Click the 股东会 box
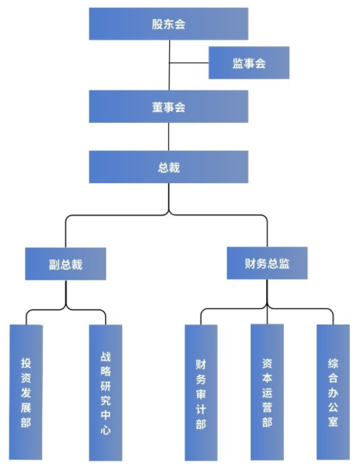(x=168, y=24)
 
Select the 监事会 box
(x=249, y=63)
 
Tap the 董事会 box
(x=168, y=107)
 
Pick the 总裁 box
(x=168, y=167)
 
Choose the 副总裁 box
(x=65, y=264)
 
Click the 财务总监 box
(x=267, y=263)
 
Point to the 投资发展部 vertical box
(x=26, y=392)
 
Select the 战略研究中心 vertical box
(x=106, y=393)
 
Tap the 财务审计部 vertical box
(x=201, y=393)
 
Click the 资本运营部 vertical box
(x=267, y=392)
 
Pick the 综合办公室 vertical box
(x=333, y=392)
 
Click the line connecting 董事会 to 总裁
(x=168, y=136)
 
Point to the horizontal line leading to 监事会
(x=189, y=63)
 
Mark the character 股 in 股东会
(x=157, y=24)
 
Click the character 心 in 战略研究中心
(x=106, y=430)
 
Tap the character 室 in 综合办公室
(x=333, y=421)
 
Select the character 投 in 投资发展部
(x=26, y=363)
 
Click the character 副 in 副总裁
(x=54, y=265)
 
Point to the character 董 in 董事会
(x=158, y=107)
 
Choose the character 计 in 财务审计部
(x=201, y=409)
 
